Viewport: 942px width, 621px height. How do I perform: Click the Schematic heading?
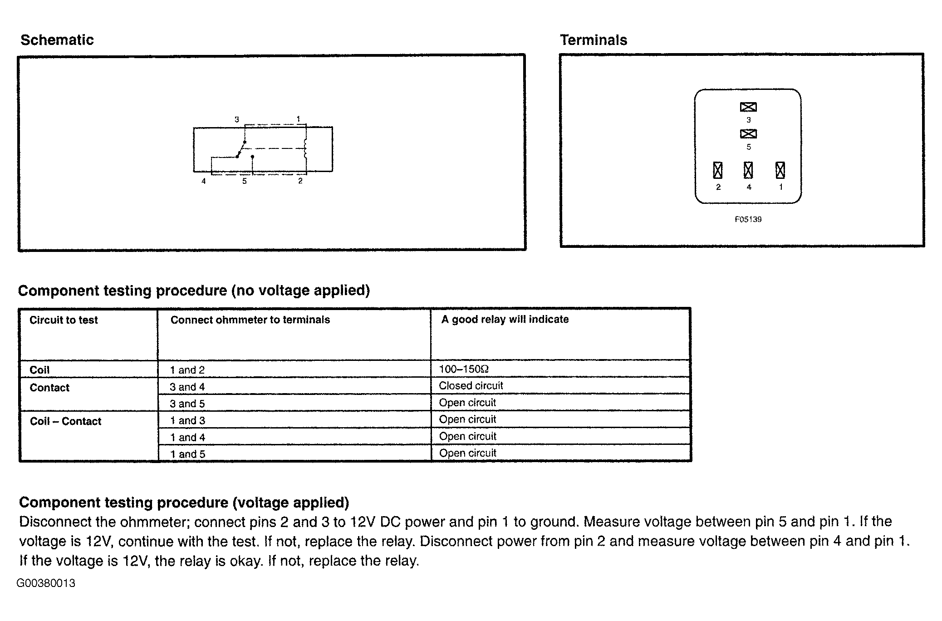pos(57,40)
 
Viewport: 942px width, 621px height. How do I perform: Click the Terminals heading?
pos(593,40)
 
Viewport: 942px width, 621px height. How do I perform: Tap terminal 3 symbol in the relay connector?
pos(748,107)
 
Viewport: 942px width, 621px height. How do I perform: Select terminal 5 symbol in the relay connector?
pos(748,134)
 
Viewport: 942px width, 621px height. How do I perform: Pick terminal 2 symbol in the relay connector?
pos(717,170)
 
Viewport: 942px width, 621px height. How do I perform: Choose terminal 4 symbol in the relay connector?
pos(748,170)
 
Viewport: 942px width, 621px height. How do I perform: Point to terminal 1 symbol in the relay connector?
pos(780,170)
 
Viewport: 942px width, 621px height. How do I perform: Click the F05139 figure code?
pos(748,219)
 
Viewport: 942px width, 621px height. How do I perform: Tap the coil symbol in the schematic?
pos(305,149)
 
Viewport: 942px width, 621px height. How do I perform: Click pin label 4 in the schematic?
pos(204,181)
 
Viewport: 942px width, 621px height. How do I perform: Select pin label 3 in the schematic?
pos(236,119)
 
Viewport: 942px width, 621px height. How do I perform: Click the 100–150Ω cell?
pos(463,369)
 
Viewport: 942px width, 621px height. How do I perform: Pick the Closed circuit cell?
pos(471,386)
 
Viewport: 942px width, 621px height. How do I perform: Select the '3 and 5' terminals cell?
pos(187,404)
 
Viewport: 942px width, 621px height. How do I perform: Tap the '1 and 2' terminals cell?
pos(187,370)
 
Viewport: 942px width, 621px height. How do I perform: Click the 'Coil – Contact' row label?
pos(65,421)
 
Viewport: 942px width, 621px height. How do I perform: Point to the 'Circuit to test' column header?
pos(64,320)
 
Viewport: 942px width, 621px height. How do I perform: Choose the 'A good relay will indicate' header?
pos(505,320)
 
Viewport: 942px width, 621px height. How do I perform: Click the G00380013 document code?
pos(46,583)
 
